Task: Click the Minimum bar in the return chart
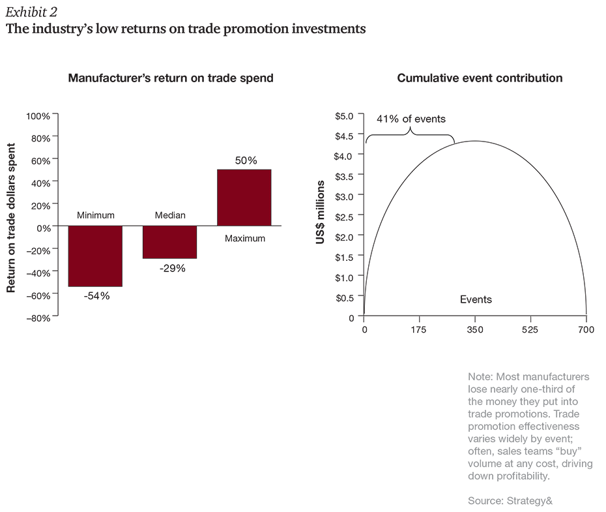[x=95, y=256]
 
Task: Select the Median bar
[x=169, y=242]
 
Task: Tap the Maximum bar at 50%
[x=244, y=198]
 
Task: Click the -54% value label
[x=96, y=296]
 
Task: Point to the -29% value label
[x=172, y=268]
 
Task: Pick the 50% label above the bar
[x=246, y=160]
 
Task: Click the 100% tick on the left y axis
[x=38, y=116]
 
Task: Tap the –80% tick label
[x=38, y=318]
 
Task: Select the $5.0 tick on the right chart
[x=343, y=116]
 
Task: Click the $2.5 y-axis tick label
[x=343, y=217]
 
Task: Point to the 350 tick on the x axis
[x=475, y=330]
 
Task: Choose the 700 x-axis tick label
[x=586, y=330]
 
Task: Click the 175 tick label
[x=418, y=330]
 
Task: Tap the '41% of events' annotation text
[x=411, y=119]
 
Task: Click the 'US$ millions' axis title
[x=320, y=213]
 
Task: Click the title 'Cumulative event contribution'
[x=480, y=78]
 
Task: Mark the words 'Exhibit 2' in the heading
[x=29, y=11]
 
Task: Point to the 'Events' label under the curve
[x=476, y=300]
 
